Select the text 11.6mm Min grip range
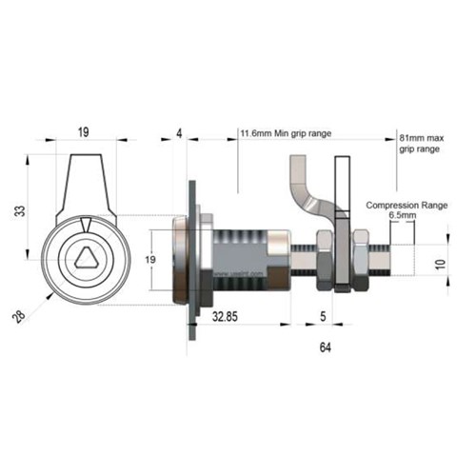[x=285, y=134]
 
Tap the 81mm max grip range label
[x=419, y=144]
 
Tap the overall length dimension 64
[x=326, y=350]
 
